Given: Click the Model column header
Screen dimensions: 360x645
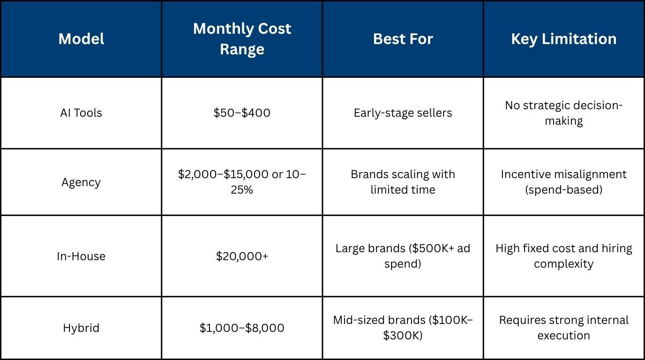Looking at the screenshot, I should click(x=81, y=39).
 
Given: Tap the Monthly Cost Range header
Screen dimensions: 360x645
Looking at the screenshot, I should click(x=242, y=39).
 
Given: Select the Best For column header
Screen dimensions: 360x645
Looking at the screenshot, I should click(x=403, y=39).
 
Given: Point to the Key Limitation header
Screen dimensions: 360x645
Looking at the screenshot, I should click(x=563, y=39).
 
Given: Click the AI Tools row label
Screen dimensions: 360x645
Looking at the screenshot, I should click(x=81, y=113).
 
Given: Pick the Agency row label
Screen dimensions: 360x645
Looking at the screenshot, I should click(x=81, y=182).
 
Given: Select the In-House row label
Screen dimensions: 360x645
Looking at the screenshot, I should click(x=81, y=256).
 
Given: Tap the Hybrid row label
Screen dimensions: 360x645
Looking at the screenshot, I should click(x=81, y=328).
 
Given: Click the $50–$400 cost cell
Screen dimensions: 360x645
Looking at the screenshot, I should click(x=242, y=113).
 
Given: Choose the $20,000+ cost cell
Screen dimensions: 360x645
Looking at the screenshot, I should click(x=242, y=256).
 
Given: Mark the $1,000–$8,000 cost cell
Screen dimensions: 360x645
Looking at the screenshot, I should click(x=242, y=328).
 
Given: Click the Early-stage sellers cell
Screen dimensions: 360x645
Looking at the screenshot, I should click(x=403, y=113).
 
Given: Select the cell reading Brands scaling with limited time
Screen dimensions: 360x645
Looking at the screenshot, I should click(x=403, y=182).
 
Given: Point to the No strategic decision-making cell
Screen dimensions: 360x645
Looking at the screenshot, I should click(x=563, y=113).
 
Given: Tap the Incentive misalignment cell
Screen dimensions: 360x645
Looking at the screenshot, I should click(x=563, y=182).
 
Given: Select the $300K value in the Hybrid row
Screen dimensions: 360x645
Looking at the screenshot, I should click(x=402, y=336).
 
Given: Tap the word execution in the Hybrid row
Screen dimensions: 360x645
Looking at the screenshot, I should click(x=563, y=336).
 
